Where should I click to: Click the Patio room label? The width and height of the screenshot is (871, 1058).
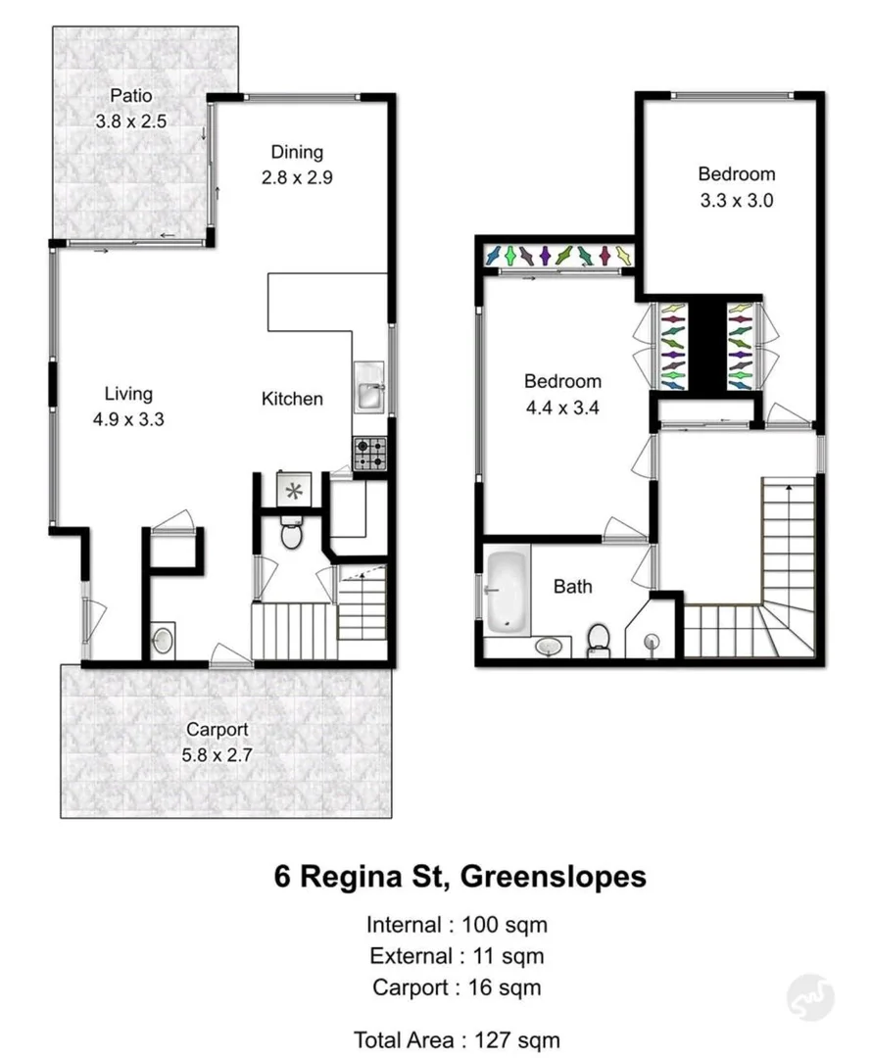pyautogui.click(x=131, y=96)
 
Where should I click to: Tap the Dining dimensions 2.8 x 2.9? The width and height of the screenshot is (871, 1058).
pyautogui.click(x=297, y=178)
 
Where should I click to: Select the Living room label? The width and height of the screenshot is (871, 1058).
pyautogui.click(x=128, y=394)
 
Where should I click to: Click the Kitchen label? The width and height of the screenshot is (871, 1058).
pyautogui.click(x=292, y=399)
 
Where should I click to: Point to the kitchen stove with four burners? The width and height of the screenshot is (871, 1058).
pyautogui.click(x=370, y=454)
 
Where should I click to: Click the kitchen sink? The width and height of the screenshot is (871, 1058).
pyautogui.click(x=370, y=390)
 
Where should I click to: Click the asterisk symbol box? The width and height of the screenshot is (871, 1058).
pyautogui.click(x=293, y=490)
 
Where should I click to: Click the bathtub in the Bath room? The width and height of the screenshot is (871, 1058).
pyautogui.click(x=507, y=590)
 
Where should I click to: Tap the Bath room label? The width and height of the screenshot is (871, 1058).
pyautogui.click(x=572, y=587)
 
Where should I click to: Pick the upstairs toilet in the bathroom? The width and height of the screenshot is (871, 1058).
pyautogui.click(x=598, y=642)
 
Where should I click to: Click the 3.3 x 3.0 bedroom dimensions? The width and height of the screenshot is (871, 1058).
pyautogui.click(x=736, y=200)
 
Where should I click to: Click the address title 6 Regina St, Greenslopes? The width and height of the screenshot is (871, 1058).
pyautogui.click(x=460, y=875)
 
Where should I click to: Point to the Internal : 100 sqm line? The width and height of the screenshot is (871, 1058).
pyautogui.click(x=457, y=924)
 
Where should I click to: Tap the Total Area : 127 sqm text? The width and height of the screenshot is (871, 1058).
pyautogui.click(x=457, y=1039)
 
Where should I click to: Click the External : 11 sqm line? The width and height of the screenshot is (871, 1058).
pyautogui.click(x=457, y=955)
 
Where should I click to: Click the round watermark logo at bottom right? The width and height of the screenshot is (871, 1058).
pyautogui.click(x=810, y=997)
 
